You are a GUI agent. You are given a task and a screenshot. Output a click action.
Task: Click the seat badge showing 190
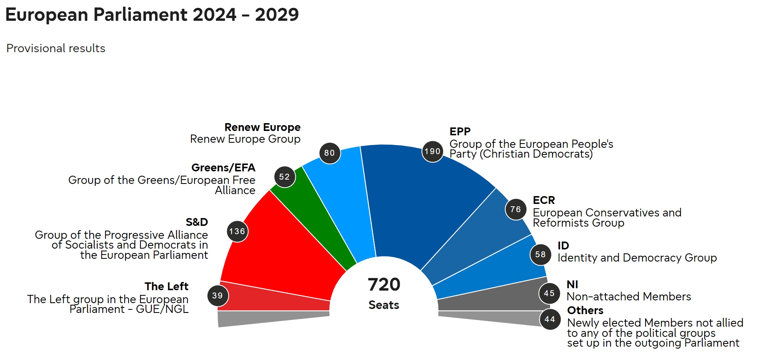pos(433,152)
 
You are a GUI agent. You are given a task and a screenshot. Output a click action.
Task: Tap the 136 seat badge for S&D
pos(237,231)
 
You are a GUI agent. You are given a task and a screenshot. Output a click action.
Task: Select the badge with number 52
pos(284,177)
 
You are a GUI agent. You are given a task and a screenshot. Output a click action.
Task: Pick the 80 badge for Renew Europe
pos(329,153)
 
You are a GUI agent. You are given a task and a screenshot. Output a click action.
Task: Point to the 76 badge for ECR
pos(516,209)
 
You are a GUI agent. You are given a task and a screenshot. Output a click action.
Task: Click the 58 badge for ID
pos(540,255)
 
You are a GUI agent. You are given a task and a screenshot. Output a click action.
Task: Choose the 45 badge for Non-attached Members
pos(549,293)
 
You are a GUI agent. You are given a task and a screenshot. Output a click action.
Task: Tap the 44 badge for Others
pos(550,319)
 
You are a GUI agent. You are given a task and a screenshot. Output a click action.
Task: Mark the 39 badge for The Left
pos(218,296)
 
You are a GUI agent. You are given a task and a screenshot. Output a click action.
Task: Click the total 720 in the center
pos(384,285)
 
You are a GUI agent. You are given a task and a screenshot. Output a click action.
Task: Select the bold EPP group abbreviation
pos(460,132)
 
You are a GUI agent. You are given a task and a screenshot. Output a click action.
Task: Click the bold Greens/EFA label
pos(223,168)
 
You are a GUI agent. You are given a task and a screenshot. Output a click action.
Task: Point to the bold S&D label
pos(197,222)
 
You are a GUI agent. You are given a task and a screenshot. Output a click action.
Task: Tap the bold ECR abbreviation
pos(544,200)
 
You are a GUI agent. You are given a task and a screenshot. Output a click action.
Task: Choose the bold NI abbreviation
pos(572,284)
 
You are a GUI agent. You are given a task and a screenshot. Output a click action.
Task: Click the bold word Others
pos(585,311)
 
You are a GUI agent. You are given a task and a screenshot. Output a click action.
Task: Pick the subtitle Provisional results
pos(56,48)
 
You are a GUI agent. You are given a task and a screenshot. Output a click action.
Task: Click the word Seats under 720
pos(384,305)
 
